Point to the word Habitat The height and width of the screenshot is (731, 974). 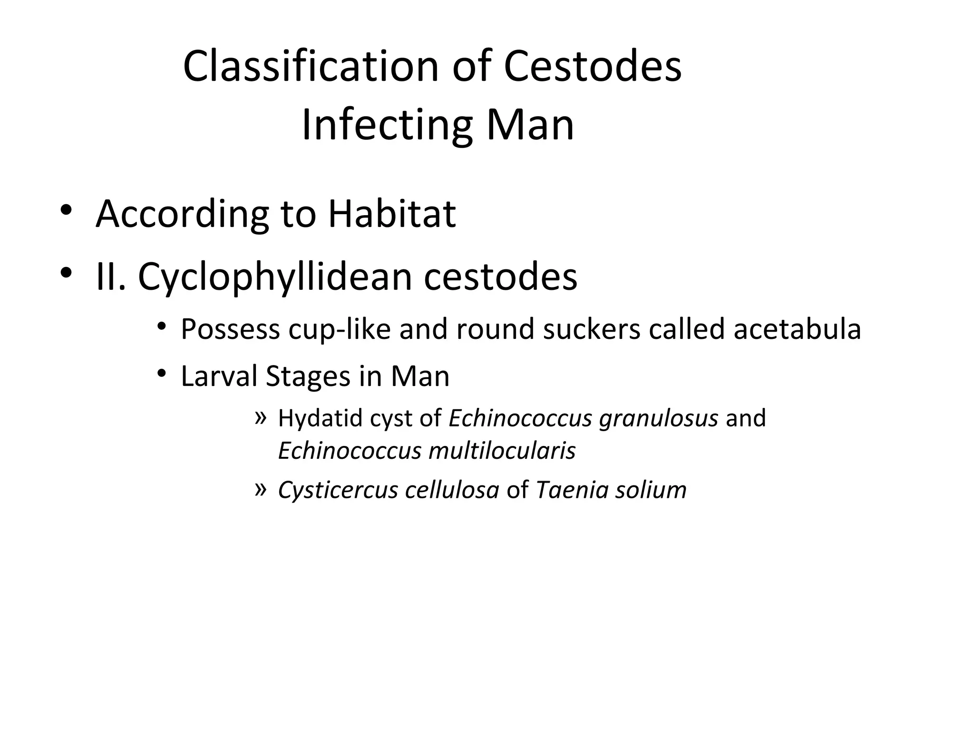[x=392, y=214]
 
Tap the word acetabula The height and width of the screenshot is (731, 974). [x=797, y=329]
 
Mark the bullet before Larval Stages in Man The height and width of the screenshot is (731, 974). [x=162, y=374]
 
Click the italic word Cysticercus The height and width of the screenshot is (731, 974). [x=338, y=490]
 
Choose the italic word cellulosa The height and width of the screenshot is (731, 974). [x=452, y=490]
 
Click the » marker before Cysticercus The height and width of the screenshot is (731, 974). [x=261, y=488]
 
